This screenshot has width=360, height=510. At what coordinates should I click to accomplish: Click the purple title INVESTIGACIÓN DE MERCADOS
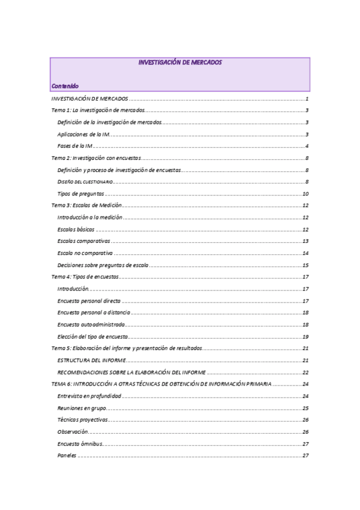click(x=180, y=62)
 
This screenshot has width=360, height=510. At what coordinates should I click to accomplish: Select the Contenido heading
click(x=64, y=86)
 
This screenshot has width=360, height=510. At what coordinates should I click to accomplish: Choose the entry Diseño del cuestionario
click(x=85, y=182)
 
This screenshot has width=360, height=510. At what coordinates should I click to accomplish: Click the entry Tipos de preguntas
click(x=81, y=194)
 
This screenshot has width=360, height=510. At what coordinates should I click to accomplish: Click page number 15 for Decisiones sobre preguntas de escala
click(x=305, y=265)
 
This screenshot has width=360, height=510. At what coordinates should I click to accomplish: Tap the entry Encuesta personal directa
click(x=89, y=301)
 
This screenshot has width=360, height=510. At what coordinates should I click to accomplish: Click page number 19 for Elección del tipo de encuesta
click(x=305, y=336)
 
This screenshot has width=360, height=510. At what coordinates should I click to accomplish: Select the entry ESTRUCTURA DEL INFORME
click(x=91, y=360)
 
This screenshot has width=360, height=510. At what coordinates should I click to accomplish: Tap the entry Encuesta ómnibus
click(x=80, y=443)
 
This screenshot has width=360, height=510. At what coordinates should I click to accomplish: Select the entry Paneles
click(x=67, y=455)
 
